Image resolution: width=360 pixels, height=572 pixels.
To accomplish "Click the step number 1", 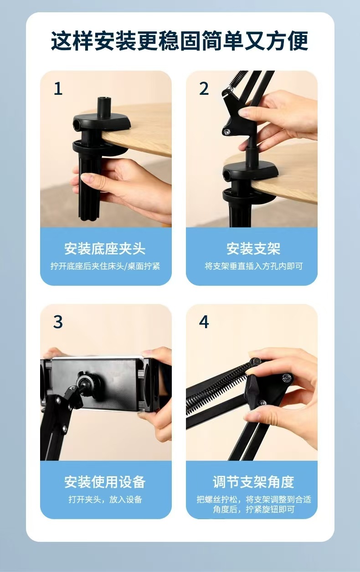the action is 58,88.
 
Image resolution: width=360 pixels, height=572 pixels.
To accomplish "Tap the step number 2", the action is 204,88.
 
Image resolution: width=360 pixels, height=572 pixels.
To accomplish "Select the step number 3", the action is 58,322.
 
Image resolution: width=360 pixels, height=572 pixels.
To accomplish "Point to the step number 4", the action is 204,322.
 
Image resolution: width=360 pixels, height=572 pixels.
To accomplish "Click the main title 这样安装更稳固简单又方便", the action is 180,41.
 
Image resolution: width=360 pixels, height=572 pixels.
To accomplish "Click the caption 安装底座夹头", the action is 105,248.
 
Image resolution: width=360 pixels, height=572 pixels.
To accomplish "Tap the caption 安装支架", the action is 253,248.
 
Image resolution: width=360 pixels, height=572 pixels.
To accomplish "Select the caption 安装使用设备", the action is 105,482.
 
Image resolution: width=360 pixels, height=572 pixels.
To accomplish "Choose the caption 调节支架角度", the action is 253,482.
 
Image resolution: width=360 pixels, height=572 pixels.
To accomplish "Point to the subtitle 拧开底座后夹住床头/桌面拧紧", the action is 105,266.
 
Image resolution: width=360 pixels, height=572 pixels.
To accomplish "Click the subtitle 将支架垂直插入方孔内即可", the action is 253,266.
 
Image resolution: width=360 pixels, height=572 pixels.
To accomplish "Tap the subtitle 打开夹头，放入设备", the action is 105,499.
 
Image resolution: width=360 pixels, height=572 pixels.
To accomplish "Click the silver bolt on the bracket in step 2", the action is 226,132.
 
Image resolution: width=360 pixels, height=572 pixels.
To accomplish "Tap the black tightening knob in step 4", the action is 253,389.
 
